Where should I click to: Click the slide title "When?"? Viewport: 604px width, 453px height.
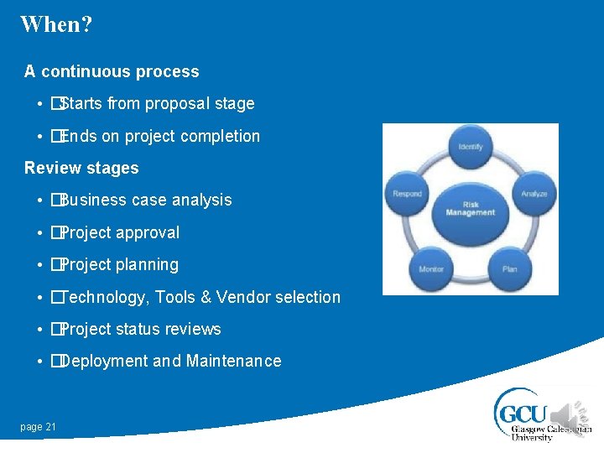click(56, 23)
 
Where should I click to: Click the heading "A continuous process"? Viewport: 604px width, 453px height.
click(112, 71)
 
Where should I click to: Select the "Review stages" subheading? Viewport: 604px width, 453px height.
click(81, 168)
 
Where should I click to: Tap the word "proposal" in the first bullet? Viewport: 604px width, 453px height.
click(178, 104)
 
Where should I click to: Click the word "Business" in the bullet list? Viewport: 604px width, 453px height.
click(92, 200)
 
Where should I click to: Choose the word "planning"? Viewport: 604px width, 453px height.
click(147, 265)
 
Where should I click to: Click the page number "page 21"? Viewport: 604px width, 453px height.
click(39, 427)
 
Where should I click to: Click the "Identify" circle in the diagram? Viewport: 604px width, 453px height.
click(471, 148)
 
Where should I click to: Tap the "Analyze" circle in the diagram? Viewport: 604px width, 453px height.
click(533, 194)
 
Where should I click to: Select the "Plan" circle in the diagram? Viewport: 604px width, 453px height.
click(510, 268)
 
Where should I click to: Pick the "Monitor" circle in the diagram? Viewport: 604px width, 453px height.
click(431, 268)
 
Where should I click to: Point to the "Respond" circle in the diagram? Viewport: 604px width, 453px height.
click(408, 194)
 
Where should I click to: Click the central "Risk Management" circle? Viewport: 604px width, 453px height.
click(471, 208)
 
